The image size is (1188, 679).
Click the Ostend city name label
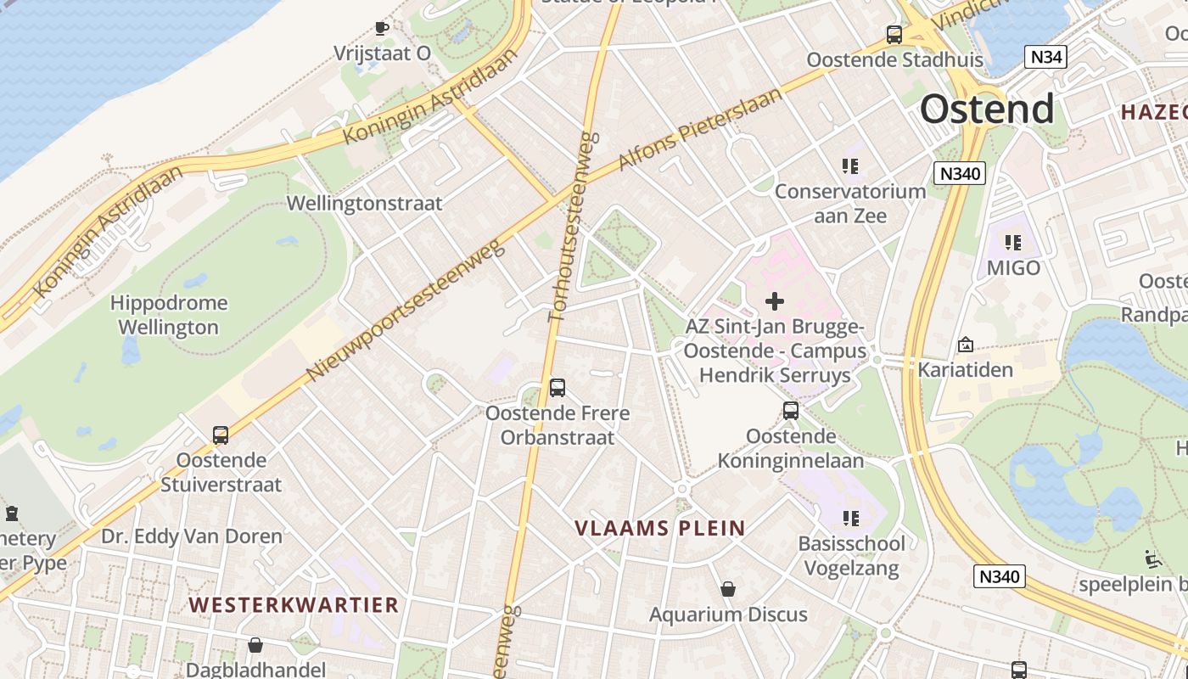(987, 109)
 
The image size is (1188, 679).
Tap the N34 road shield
(1045, 58)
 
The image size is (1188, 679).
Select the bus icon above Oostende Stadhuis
(894, 35)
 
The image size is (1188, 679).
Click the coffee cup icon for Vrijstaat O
(382, 28)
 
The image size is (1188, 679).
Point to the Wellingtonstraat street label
(364, 204)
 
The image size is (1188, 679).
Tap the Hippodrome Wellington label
(169, 315)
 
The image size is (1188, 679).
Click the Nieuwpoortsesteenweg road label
(405, 310)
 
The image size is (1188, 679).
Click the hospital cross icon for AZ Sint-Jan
(774, 301)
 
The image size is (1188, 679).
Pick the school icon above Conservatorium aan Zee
(849, 166)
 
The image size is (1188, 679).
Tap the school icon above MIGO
(1012, 244)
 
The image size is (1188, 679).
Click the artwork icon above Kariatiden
(965, 345)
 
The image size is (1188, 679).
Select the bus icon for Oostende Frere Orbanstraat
(557, 388)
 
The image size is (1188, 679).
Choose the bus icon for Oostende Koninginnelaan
(790, 411)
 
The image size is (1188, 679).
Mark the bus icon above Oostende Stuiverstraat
(221, 435)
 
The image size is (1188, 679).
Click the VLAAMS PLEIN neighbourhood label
(660, 528)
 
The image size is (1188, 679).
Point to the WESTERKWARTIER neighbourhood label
(294, 604)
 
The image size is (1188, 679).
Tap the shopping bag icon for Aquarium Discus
(727, 589)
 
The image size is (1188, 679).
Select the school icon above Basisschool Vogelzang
(850, 518)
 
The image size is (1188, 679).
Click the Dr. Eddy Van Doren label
(192, 536)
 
